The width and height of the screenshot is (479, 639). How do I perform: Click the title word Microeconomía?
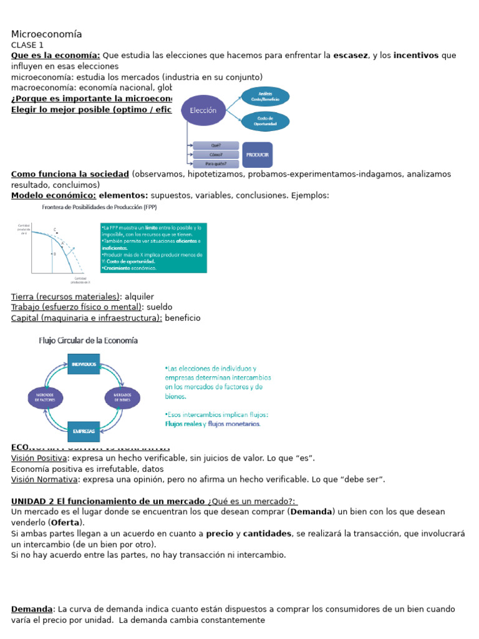(46, 34)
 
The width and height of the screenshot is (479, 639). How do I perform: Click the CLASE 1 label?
(27, 45)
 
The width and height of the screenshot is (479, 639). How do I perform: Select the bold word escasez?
(351, 56)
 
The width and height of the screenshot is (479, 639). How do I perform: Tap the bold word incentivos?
(416, 56)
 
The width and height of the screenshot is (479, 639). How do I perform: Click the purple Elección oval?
(203, 110)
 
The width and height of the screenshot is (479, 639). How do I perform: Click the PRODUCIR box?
(257, 154)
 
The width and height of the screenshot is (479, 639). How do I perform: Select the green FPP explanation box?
(153, 247)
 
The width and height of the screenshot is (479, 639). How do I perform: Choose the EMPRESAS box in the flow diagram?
(84, 431)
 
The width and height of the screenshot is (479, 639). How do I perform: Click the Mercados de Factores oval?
(44, 397)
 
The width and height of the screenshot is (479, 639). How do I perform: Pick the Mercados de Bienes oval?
(122, 397)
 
